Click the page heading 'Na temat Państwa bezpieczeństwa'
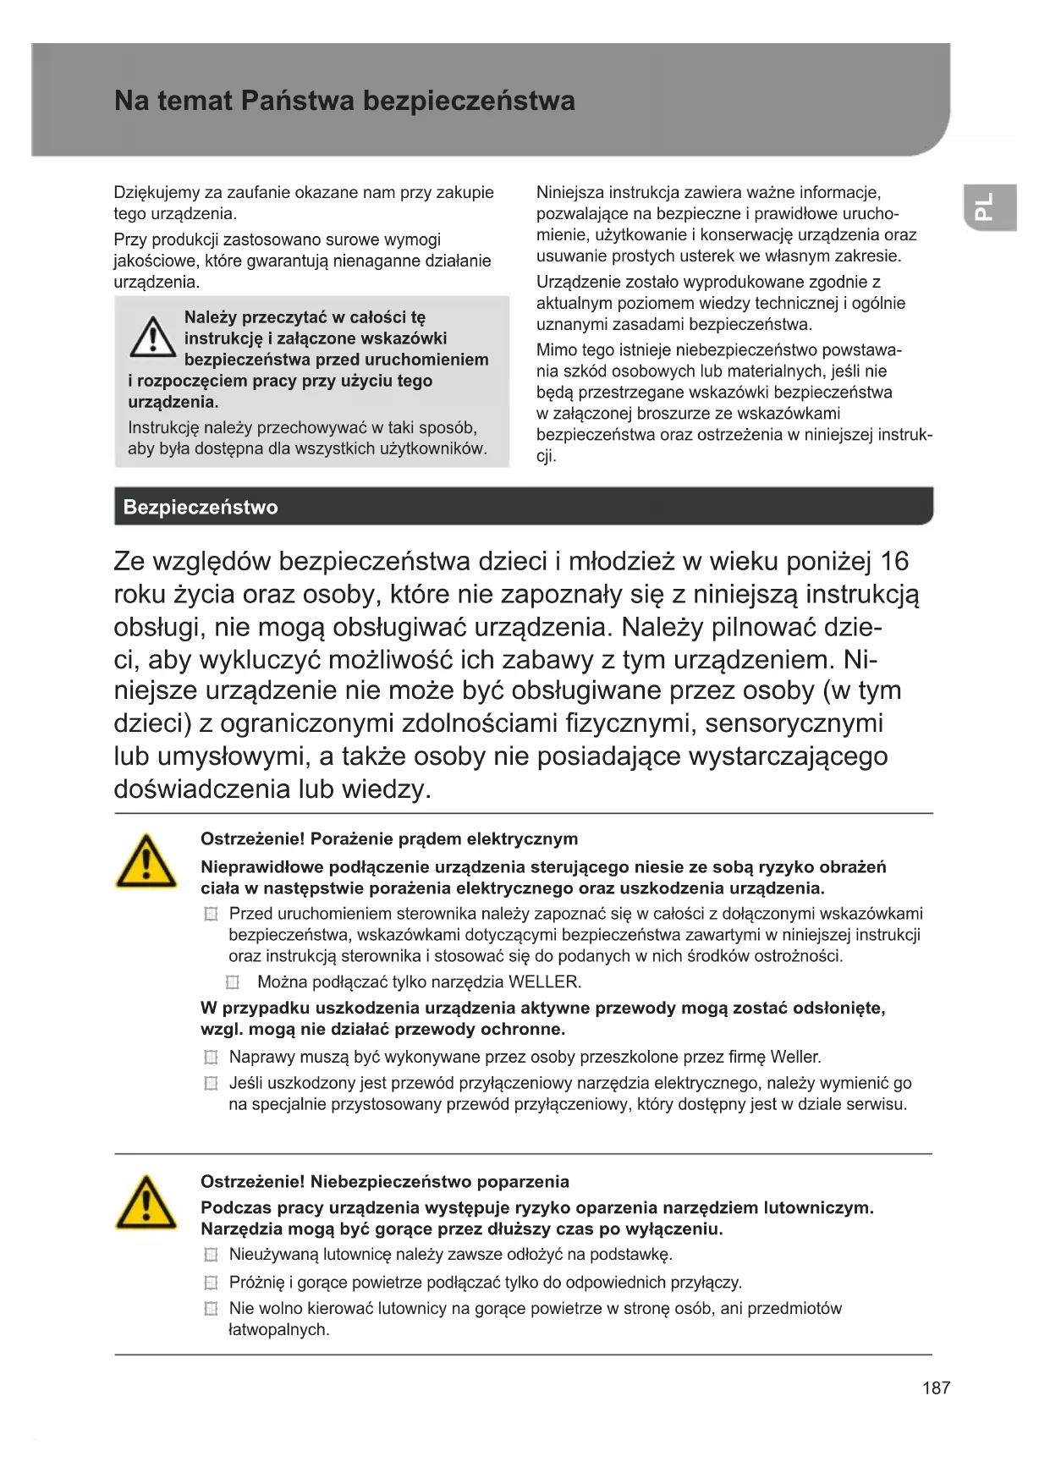pos(344,102)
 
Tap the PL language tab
pos(987,207)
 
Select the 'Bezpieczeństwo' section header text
pos(201,508)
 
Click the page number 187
pos(936,1388)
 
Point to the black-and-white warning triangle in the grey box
pos(152,337)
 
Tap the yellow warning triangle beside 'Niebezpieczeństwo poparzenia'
pos(146,1203)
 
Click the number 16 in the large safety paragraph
pos(894,561)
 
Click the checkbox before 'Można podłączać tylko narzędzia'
pos(233,982)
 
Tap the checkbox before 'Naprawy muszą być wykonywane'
pos(211,1058)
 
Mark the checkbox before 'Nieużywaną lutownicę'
pos(211,1255)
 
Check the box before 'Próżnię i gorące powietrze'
pos(211,1283)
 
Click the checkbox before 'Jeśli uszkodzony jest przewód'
pos(211,1084)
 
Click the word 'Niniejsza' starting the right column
pos(569,193)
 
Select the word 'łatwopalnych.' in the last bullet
pos(278,1330)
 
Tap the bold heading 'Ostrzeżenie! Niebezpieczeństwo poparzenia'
pos(384,1182)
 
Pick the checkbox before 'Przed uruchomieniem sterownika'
pos(211,915)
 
